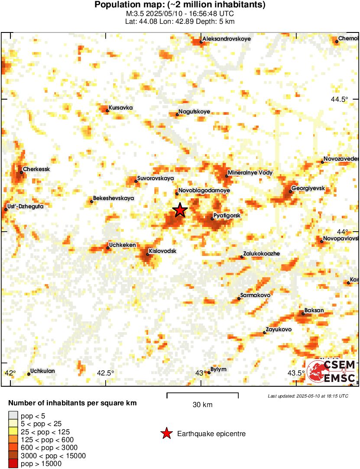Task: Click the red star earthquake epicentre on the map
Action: [x=180, y=210]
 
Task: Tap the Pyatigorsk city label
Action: [x=227, y=216]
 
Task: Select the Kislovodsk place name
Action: [x=162, y=251]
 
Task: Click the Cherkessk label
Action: [x=36, y=169]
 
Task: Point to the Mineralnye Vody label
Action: [x=250, y=172]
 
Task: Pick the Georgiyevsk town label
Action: [x=308, y=188]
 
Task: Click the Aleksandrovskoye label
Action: [x=227, y=39]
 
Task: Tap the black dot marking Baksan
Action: [x=303, y=314]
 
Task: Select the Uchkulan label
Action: [x=42, y=371]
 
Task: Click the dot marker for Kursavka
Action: [x=107, y=110]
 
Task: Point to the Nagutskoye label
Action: [x=194, y=112]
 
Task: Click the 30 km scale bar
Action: [x=202, y=394]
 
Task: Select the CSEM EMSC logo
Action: [x=331, y=372]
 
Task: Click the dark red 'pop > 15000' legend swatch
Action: [x=13, y=464]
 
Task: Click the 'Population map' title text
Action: [x=180, y=5]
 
